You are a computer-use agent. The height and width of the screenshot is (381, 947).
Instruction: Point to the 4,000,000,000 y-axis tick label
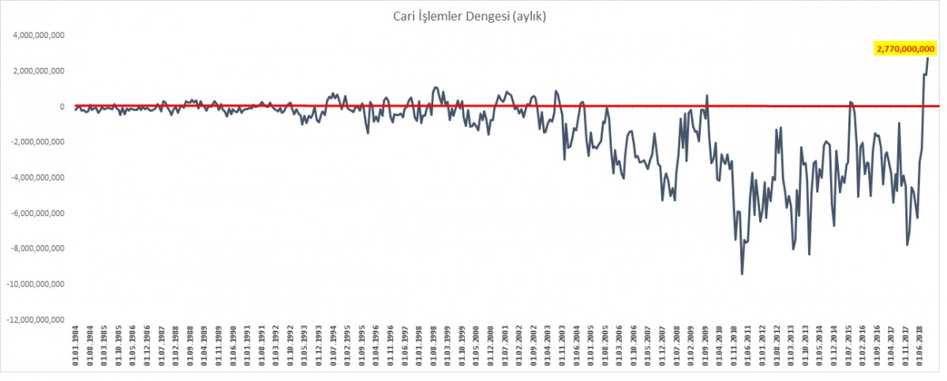[38, 35]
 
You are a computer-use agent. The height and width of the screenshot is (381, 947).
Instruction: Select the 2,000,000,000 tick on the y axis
[38, 71]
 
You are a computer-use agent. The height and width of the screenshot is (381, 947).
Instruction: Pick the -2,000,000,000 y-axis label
[36, 142]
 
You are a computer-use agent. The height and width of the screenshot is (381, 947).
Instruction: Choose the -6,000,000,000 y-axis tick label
[36, 213]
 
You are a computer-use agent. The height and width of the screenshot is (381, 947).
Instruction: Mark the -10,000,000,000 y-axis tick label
[35, 284]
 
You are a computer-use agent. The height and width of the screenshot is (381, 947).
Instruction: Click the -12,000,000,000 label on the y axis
[35, 319]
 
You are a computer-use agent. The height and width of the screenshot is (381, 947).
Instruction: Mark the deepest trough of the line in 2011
[743, 274]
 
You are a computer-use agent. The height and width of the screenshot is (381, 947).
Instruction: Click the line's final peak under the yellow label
[928, 58]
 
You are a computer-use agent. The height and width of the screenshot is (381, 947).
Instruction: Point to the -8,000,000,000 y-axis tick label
[36, 248]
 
